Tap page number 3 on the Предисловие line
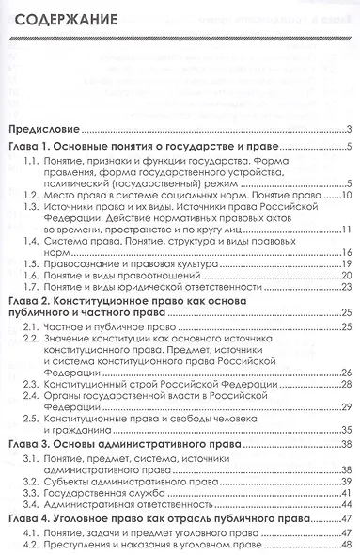tap(348, 129)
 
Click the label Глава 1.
tap(31, 147)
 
